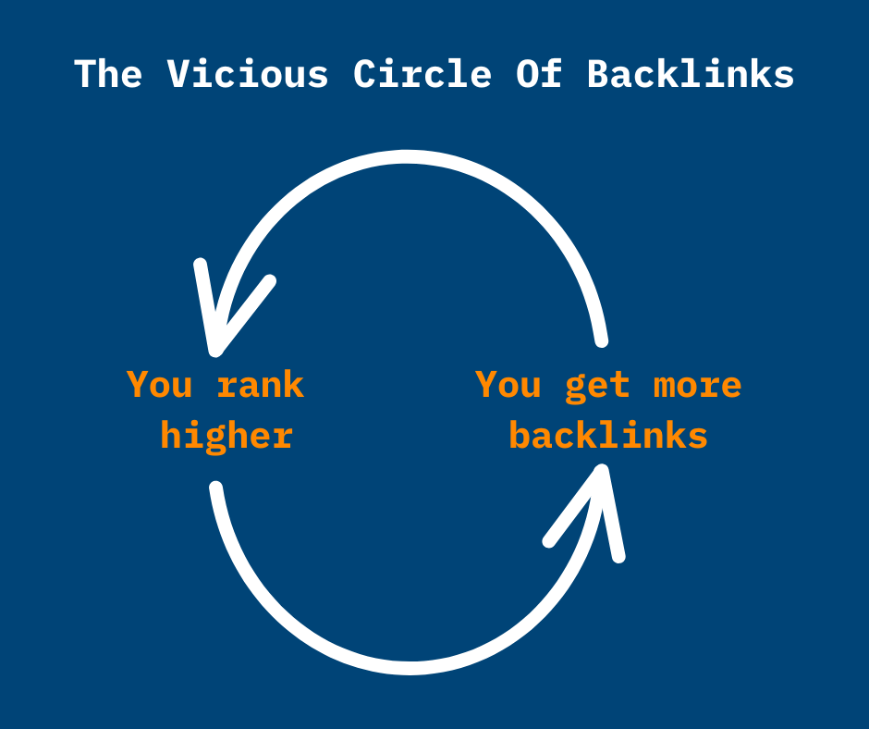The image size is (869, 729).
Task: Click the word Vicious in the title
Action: (248, 75)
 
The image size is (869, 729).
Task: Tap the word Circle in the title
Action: (422, 75)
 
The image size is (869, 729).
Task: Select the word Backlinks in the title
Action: (691, 75)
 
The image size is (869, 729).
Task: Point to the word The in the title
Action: (108, 75)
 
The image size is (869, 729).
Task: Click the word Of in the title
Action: (539, 75)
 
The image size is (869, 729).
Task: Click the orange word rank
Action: (261, 385)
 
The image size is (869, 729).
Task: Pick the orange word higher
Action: (226, 436)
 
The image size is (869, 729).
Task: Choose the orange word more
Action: (698, 385)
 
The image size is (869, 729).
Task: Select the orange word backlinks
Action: (608, 436)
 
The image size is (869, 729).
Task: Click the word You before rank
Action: (159, 385)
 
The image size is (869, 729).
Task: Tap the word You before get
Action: (508, 385)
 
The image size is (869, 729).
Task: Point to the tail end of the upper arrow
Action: (602, 340)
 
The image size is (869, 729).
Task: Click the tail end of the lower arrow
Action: (215, 488)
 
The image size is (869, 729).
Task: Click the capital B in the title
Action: (598, 75)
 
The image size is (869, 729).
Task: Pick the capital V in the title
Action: (178, 75)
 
